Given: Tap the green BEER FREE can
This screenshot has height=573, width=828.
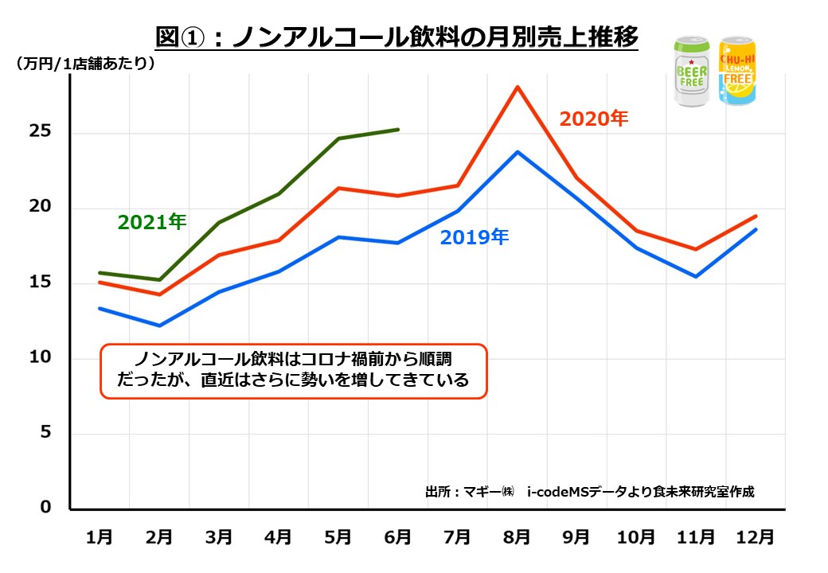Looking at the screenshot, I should click(x=692, y=72).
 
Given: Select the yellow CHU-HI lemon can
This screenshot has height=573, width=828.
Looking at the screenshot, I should click(x=736, y=72).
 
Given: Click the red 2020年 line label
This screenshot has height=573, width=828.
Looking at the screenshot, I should click(x=593, y=119).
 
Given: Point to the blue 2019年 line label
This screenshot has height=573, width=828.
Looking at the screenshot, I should click(x=474, y=236).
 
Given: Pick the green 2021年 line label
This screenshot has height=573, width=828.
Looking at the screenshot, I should click(x=151, y=222).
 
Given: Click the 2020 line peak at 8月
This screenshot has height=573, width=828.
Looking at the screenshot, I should click(x=517, y=87).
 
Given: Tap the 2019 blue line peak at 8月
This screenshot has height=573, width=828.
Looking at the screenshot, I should click(x=517, y=151).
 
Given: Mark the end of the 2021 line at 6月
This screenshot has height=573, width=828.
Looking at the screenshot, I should click(x=398, y=129).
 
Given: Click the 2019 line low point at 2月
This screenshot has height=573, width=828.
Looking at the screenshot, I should click(x=159, y=325).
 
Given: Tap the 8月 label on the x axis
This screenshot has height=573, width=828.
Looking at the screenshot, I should click(x=517, y=537).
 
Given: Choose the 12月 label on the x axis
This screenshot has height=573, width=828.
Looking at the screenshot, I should click(x=756, y=537).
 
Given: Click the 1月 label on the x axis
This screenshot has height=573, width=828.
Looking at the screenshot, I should click(x=100, y=537).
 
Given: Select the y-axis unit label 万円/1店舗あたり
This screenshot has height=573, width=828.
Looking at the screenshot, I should click(x=84, y=64).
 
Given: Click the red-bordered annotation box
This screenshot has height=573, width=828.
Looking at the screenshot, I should click(x=293, y=371).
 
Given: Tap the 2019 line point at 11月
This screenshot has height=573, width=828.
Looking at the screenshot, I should click(x=696, y=276).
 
